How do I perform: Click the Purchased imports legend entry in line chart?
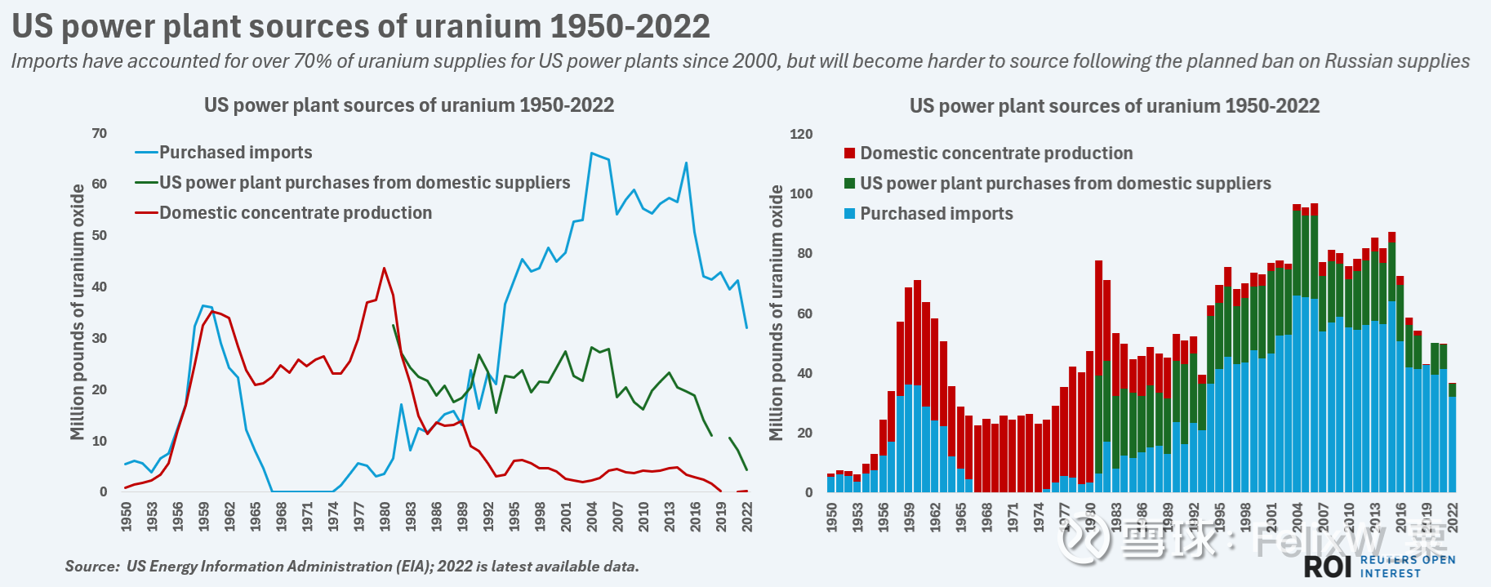[235, 153]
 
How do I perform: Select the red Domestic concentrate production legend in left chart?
[295, 213]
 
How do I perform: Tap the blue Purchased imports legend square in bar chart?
[850, 214]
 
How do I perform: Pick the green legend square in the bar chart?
[850, 184]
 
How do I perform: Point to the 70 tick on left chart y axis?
[99, 133]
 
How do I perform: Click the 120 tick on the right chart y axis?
[801, 134]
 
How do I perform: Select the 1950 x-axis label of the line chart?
[127, 517]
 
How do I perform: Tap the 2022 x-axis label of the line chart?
[747, 517]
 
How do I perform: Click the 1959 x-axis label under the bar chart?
[910, 518]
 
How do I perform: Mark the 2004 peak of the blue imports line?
[591, 153]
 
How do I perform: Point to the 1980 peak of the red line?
[384, 269]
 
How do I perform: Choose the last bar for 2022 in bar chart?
[1452, 438]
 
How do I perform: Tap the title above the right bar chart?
[1114, 106]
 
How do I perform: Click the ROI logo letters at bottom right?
[1328, 566]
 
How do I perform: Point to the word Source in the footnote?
[92, 567]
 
